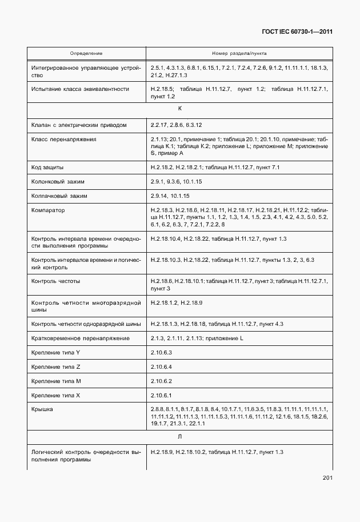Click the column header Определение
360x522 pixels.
click(86, 53)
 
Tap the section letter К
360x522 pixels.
click(180, 108)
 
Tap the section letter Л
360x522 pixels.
click(180, 436)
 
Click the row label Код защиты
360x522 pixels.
click(48, 167)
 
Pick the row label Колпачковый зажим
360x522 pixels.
click(58, 196)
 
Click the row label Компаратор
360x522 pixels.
click(49, 210)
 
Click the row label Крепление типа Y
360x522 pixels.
click(56, 352)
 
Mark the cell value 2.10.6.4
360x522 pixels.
click(162, 366)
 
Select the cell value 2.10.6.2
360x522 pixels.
click(162, 381)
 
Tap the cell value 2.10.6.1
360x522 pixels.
click(162, 395)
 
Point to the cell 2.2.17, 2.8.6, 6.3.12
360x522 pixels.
click(177, 124)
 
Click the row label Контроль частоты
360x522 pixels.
click(56, 281)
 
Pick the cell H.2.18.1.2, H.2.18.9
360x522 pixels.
click(177, 302)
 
